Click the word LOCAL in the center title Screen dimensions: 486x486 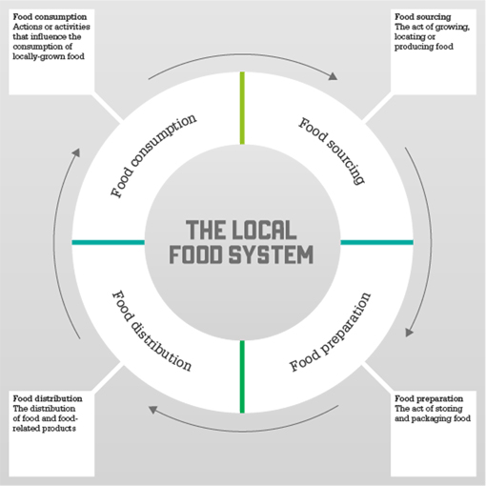264,230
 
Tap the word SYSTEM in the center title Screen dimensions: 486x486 272,254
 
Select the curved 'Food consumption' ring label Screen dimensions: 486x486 153,155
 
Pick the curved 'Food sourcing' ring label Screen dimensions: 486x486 332,151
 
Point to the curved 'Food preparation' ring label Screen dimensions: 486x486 330,332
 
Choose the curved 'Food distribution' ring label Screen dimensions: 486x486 152,331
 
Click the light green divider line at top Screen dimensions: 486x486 242,108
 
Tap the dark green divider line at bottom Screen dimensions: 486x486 242,376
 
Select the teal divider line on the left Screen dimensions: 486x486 109,242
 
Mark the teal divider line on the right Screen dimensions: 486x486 376,242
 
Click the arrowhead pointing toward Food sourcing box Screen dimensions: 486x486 333,76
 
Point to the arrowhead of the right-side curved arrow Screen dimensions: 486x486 409,333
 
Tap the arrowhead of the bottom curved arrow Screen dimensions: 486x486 153,410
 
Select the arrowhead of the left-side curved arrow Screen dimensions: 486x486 76,152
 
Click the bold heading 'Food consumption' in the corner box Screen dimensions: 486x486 50,17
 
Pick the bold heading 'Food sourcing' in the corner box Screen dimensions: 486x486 423,16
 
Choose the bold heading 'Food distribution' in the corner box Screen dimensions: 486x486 48,398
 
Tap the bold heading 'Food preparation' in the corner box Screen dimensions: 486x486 429,398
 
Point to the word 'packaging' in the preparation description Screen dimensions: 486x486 431,418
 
